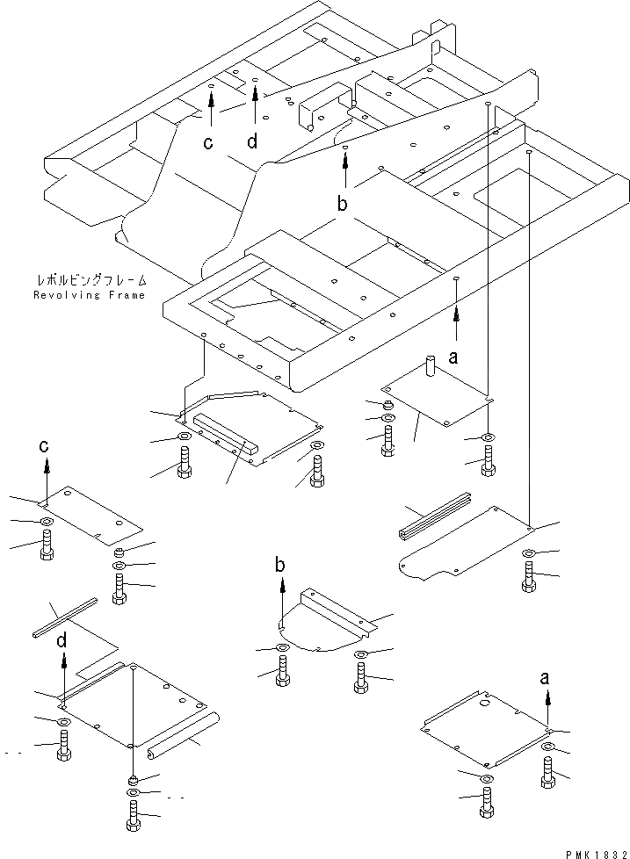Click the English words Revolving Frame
click(x=89, y=295)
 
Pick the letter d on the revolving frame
click(x=253, y=141)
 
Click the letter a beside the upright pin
click(x=453, y=357)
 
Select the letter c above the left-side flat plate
click(x=45, y=446)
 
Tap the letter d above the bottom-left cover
click(x=62, y=642)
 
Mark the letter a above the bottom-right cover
click(x=547, y=676)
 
